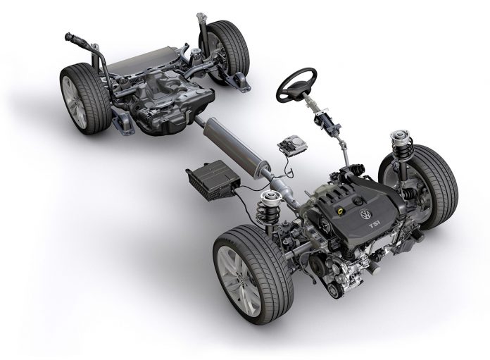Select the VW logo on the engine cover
pos(365,213)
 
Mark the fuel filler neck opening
pos(70,36)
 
